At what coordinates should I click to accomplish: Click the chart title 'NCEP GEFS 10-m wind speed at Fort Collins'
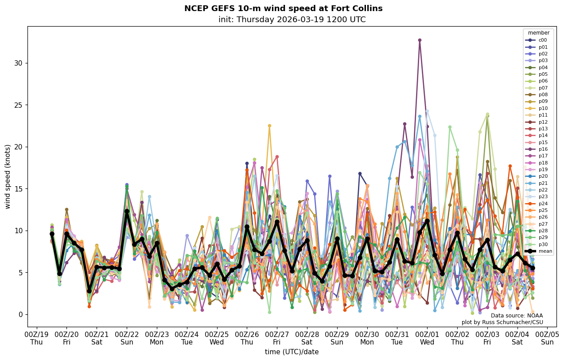[x=283, y=8]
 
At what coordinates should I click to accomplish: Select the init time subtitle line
[x=292, y=20]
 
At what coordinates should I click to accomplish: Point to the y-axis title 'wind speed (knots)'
[x=8, y=176]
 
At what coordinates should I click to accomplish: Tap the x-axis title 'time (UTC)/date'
[x=292, y=352]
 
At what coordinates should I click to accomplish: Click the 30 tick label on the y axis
[x=18, y=63]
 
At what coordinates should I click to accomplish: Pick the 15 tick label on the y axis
[x=18, y=189]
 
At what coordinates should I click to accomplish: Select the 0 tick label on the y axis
[x=20, y=314]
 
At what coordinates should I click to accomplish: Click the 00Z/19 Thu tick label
[x=36, y=338]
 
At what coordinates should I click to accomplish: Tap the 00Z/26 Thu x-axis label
[x=247, y=338]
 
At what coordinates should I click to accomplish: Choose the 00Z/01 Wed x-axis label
[x=427, y=338]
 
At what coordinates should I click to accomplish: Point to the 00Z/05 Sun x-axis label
[x=547, y=338]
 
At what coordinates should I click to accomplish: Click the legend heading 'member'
[x=539, y=33]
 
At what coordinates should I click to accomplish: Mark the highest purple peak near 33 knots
[x=420, y=40]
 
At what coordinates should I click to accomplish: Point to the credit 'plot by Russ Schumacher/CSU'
[x=502, y=322]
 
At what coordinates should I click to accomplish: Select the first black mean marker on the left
[x=52, y=234]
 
